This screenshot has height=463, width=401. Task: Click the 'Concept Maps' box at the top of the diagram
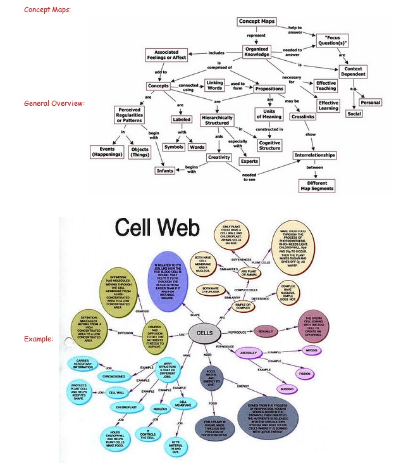coord(257,22)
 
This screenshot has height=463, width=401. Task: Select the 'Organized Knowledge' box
coord(257,53)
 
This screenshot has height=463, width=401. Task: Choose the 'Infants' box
coord(165,170)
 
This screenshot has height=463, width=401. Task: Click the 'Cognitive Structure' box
coord(270,144)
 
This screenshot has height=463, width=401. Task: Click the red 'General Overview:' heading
coord(54,103)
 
